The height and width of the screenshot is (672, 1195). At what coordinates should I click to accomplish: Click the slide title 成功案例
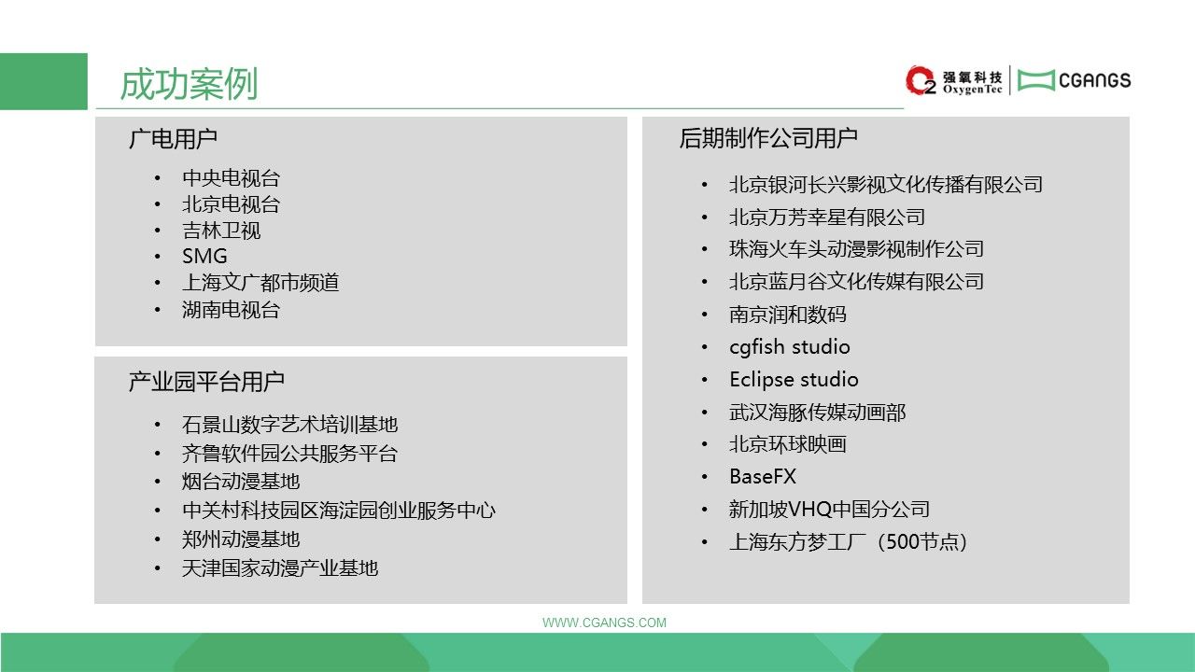pyautogui.click(x=189, y=84)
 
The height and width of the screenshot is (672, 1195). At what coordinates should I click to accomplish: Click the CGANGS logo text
pyautogui.click(x=1094, y=80)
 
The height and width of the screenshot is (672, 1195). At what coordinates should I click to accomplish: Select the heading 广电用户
pyautogui.click(x=173, y=139)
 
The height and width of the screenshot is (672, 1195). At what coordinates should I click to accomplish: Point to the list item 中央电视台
pyautogui.click(x=231, y=178)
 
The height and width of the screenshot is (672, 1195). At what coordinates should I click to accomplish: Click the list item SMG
pyautogui.click(x=204, y=257)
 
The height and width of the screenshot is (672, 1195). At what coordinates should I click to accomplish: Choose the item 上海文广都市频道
pyautogui.click(x=260, y=283)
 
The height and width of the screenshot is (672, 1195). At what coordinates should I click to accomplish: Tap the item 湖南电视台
pyautogui.click(x=231, y=310)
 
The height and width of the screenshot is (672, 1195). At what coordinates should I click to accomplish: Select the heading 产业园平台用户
pyautogui.click(x=206, y=382)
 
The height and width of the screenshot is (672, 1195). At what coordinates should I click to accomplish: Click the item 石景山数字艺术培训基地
pyautogui.click(x=289, y=425)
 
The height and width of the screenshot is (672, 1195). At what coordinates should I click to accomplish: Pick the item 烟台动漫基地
pyautogui.click(x=241, y=482)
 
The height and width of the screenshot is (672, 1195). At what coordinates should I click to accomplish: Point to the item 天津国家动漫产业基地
pyautogui.click(x=280, y=568)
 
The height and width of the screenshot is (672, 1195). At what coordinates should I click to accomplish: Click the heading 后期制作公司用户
pyautogui.click(x=768, y=138)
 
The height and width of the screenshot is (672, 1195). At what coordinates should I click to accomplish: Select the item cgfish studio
pyautogui.click(x=790, y=347)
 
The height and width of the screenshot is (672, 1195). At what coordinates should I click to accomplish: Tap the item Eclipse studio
pyautogui.click(x=794, y=380)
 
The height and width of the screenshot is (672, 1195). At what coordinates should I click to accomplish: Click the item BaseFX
pyautogui.click(x=763, y=476)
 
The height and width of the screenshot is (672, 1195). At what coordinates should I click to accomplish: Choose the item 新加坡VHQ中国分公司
pyautogui.click(x=830, y=510)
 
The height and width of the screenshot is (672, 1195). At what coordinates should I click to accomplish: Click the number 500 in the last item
pyautogui.click(x=902, y=542)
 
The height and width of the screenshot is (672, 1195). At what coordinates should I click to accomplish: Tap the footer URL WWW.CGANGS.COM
pyautogui.click(x=604, y=623)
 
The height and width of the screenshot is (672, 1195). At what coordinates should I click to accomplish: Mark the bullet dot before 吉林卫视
pyautogui.click(x=158, y=231)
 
